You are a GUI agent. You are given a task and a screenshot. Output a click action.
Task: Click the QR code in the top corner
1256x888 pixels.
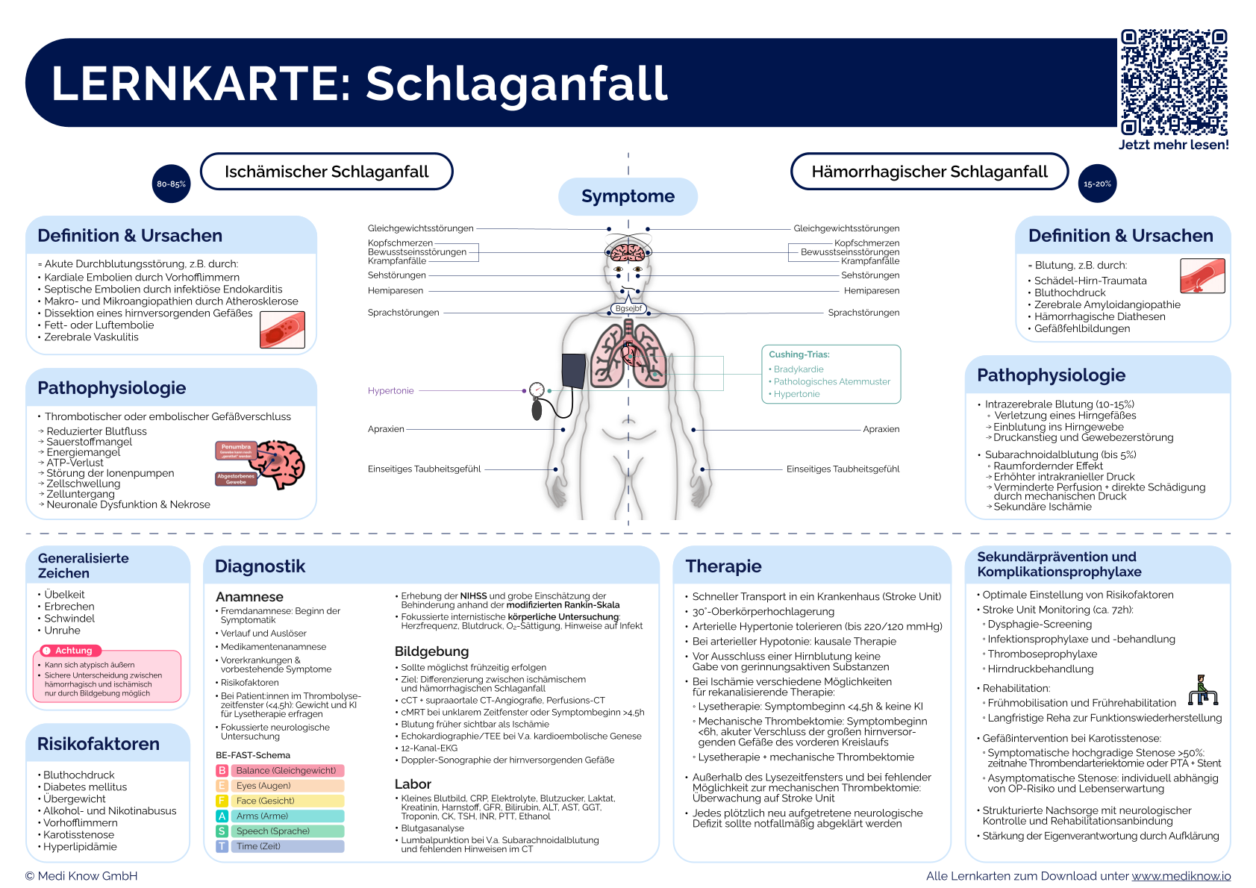[1173, 83]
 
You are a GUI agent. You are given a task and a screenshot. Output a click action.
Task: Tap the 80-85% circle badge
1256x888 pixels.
[171, 184]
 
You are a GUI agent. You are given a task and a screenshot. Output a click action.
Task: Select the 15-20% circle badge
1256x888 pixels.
[1097, 184]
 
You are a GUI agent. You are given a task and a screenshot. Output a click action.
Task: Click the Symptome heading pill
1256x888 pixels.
[628, 196]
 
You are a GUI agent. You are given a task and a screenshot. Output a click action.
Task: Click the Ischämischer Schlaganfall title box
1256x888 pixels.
[327, 172]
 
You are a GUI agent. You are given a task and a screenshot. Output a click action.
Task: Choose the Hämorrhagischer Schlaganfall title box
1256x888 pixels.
[929, 172]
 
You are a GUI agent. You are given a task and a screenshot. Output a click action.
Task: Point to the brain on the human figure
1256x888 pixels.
[628, 251]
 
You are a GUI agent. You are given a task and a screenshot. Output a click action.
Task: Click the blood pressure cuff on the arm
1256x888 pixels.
[573, 371]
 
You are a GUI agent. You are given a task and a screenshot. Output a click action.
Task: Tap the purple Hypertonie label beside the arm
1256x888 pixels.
[390, 390]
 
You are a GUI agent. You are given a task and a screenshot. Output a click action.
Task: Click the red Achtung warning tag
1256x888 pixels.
[68, 651]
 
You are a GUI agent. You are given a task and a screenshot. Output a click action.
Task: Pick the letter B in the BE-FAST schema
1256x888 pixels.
[222, 770]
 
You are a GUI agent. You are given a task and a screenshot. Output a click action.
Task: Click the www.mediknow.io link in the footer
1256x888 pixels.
[1181, 876]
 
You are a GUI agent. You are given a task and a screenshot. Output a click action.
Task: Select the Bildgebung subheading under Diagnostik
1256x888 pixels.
[431, 651]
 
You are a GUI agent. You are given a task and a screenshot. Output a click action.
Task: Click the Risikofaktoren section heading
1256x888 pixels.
[99, 744]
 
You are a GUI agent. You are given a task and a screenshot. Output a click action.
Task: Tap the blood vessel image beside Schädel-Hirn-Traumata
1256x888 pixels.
[1202, 276]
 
